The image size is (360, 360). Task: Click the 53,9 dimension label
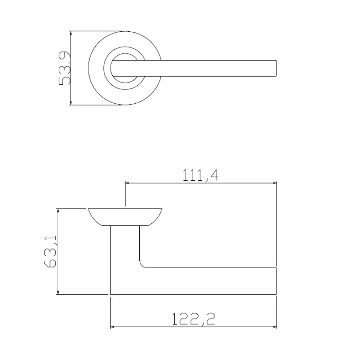click(x=64, y=68)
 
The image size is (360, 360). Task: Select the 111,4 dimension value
click(x=201, y=175)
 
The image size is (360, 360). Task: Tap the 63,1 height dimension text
click(x=50, y=252)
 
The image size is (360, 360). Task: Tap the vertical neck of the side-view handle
click(x=125, y=252)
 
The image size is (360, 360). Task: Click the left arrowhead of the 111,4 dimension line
click(x=127, y=183)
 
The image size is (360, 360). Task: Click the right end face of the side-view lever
click(x=276, y=281)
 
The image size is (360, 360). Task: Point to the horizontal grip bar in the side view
click(x=209, y=281)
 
